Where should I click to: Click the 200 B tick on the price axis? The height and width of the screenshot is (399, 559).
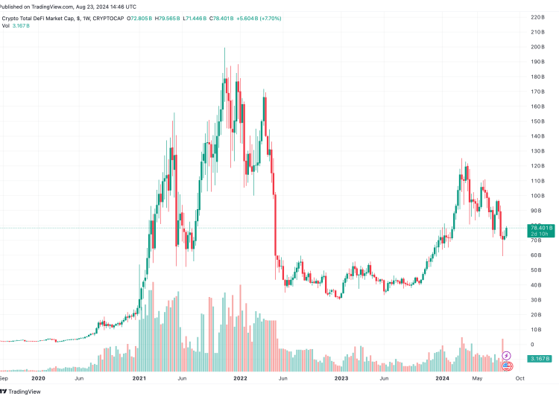[536, 47]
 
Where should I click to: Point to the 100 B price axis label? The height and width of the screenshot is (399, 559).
[536, 196]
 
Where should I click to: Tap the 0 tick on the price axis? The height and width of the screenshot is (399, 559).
[531, 345]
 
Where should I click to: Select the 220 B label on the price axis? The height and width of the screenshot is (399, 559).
[536, 17]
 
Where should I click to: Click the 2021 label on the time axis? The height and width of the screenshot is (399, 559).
[139, 378]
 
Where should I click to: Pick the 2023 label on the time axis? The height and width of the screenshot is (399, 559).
[341, 378]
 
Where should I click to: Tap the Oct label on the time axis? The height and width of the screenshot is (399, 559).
[520, 378]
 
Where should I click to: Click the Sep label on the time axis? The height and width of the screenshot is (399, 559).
[4, 378]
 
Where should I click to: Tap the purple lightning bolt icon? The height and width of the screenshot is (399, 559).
[507, 356]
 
